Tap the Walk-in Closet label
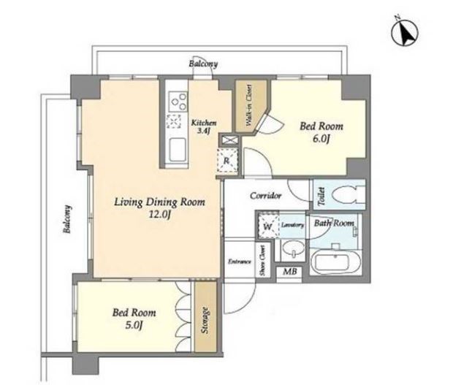248,105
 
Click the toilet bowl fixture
347,194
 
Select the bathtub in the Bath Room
335,262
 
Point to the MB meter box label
289,272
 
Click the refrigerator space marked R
227,160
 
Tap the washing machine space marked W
268,226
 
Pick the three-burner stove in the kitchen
177,101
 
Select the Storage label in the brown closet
205,320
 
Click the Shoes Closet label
262,260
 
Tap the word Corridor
265,196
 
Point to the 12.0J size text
159,215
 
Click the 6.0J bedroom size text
321,140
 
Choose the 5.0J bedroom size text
134,325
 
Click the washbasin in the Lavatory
293,249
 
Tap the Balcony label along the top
203,64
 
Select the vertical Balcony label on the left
67,219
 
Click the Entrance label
239,262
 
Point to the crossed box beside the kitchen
230,140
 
